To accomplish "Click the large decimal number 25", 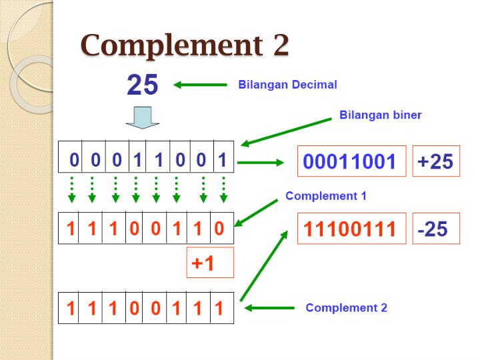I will pyautogui.click(x=142, y=85).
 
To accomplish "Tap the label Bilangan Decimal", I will pyautogui.click(x=287, y=85).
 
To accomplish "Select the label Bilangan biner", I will pyautogui.click(x=380, y=115).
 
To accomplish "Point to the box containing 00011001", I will pyautogui.click(x=351, y=161).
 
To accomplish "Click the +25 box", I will pyautogui.click(x=435, y=161).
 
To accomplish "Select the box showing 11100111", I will pyautogui.click(x=351, y=229).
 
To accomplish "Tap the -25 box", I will pyautogui.click(x=435, y=229).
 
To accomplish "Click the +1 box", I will pyautogui.click(x=210, y=263).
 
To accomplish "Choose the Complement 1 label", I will pyautogui.click(x=325, y=196).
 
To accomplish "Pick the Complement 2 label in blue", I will pyautogui.click(x=346, y=307).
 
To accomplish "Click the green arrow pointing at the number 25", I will pyautogui.click(x=200, y=85).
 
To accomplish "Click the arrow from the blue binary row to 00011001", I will pyautogui.click(x=261, y=161).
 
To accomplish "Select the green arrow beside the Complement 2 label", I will pyautogui.click(x=269, y=308).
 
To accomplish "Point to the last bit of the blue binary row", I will pyautogui.click(x=223, y=160).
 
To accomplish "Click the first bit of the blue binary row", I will pyautogui.click(x=75, y=160).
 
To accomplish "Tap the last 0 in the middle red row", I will pyautogui.click(x=219, y=229).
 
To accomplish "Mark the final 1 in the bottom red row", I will pyautogui.click(x=219, y=308).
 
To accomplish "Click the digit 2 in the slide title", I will pyautogui.click(x=280, y=46).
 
